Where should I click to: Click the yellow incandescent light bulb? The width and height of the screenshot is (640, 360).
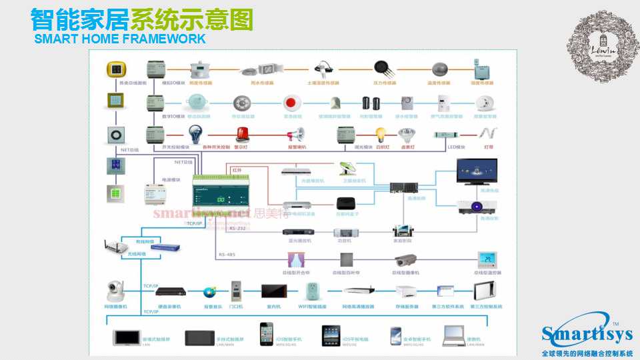click(x=381, y=135)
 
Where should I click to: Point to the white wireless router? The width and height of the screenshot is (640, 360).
click(x=116, y=247)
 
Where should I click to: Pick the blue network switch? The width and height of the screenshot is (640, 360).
click(x=165, y=247)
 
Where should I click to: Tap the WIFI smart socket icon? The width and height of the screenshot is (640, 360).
click(x=311, y=291)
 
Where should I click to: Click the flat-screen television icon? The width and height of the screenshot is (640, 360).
click(x=476, y=171)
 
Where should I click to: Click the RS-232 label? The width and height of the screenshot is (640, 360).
click(x=237, y=229)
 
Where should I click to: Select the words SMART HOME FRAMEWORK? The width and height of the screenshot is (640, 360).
click(x=120, y=39)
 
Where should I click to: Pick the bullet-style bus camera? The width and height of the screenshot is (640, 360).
click(x=405, y=259)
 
